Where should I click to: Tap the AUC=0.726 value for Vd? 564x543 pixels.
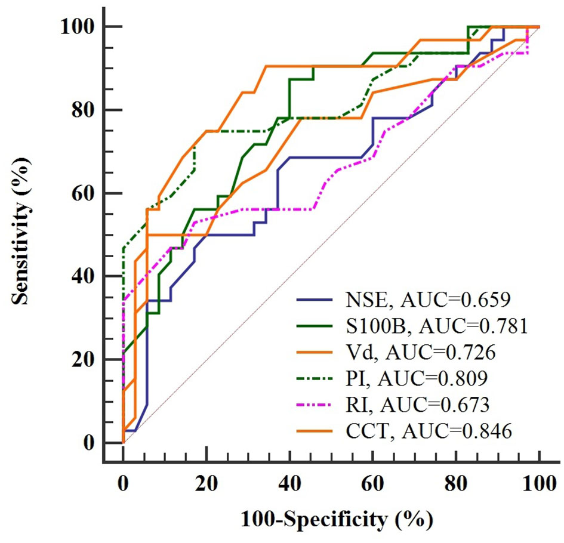pos(440,353)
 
